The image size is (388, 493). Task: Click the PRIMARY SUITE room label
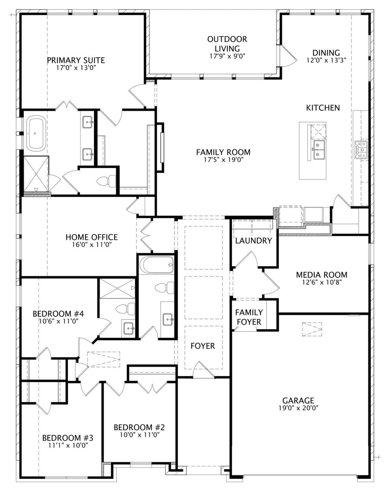pyautogui.click(x=76, y=60)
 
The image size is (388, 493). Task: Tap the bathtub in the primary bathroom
pyautogui.click(x=36, y=133)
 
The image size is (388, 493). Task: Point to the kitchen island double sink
pyautogui.click(x=319, y=150)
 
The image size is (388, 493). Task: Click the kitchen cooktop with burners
pyautogui.click(x=361, y=150)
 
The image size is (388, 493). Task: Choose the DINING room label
pyautogui.click(x=326, y=53)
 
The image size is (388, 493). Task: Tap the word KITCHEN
pyautogui.click(x=323, y=108)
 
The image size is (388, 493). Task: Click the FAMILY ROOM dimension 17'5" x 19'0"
pyautogui.click(x=223, y=160)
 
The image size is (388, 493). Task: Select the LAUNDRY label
pyautogui.click(x=253, y=241)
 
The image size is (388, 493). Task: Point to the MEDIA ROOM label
pyautogui.click(x=322, y=275)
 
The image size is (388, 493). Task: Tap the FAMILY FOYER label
pyautogui.click(x=249, y=317)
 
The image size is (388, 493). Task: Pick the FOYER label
pyautogui.click(x=203, y=346)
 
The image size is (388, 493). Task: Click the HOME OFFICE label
pyautogui.click(x=92, y=237)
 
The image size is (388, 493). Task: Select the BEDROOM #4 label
pyautogui.click(x=58, y=314)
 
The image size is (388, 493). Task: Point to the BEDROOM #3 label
pyautogui.click(x=68, y=438)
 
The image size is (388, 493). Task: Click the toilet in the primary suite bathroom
pyautogui.click(x=106, y=181)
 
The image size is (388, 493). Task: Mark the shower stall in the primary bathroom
pyautogui.click(x=36, y=174)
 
